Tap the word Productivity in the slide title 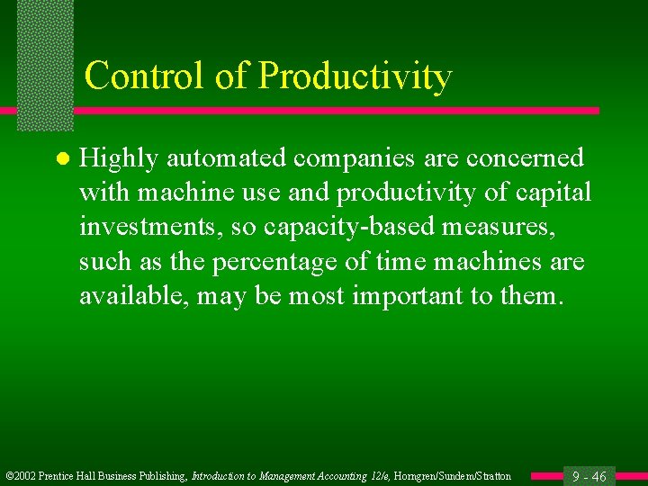tap(355, 78)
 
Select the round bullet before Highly tap(61, 159)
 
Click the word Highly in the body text tap(117, 159)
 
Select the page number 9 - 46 tap(589, 476)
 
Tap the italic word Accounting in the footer tap(318, 476)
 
